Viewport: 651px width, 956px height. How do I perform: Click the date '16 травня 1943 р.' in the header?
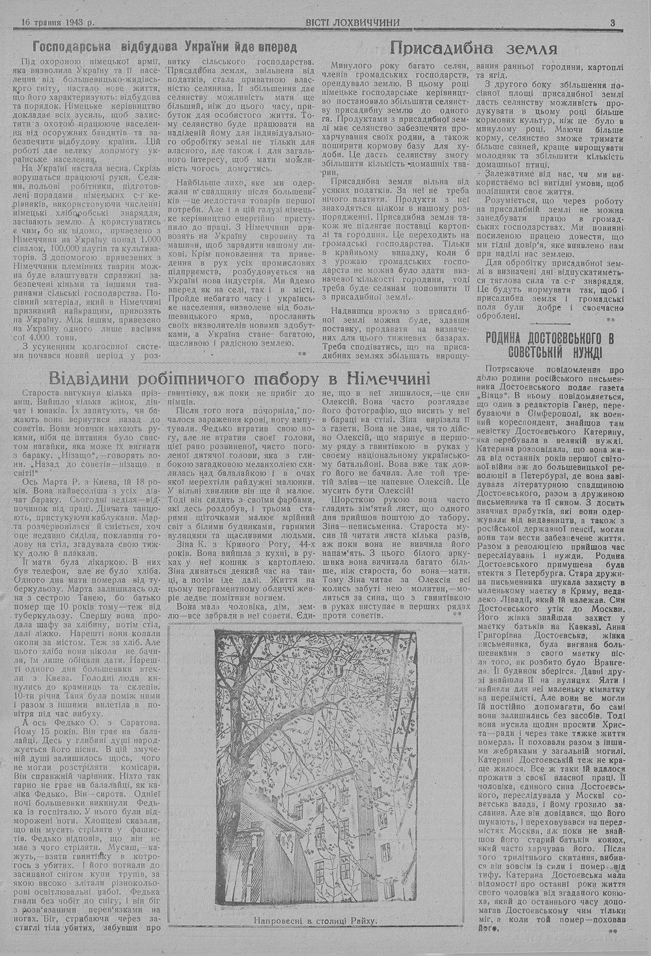57,22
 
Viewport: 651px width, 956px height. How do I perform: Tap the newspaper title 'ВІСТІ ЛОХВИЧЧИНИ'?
352,22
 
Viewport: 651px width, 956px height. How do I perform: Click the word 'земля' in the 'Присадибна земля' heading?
529,48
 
